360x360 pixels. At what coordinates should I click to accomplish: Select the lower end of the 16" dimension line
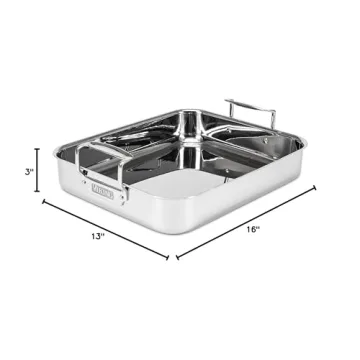click(x=176, y=257)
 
